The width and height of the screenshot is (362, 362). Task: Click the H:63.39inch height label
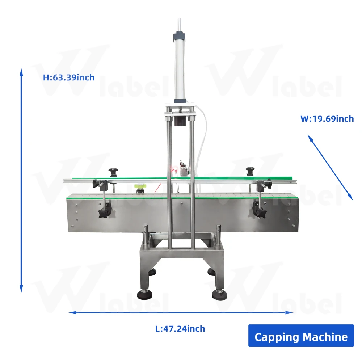click(69, 77)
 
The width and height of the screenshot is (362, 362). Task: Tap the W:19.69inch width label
click(327, 119)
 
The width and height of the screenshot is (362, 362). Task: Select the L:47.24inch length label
click(180, 329)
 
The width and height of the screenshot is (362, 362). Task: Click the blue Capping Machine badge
click(301, 337)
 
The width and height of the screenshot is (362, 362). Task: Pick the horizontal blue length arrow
click(181, 312)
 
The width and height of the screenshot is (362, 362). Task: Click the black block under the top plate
click(180, 121)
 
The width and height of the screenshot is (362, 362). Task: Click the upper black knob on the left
click(113, 169)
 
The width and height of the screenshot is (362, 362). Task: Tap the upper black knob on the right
click(250, 169)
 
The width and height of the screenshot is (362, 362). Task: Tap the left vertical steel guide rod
click(169, 181)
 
